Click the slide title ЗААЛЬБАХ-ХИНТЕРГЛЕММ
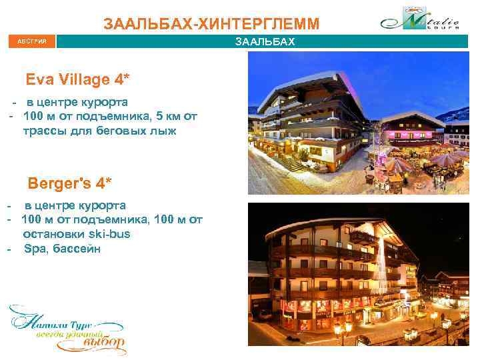click(x=211, y=25)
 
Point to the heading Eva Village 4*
click(x=77, y=80)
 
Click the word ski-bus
click(x=110, y=234)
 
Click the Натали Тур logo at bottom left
click(x=67, y=328)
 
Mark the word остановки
click(x=55, y=234)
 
